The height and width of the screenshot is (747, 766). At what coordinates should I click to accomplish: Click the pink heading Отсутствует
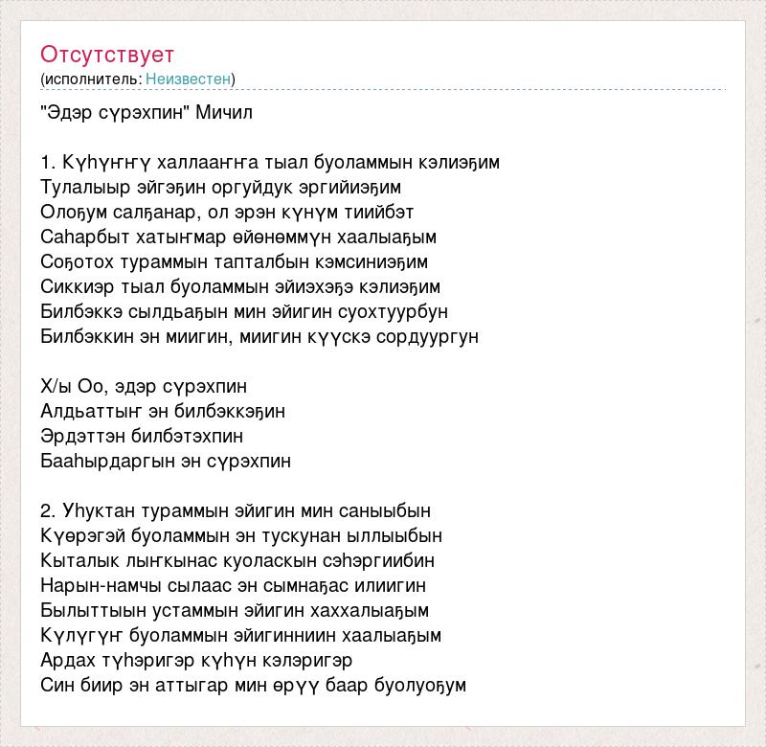[x=107, y=55]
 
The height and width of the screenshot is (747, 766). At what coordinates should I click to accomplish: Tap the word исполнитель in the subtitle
[x=91, y=79]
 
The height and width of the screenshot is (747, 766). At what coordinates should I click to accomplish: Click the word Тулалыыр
[x=80, y=188]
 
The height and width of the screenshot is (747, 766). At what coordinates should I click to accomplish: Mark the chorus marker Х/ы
[x=56, y=387]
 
